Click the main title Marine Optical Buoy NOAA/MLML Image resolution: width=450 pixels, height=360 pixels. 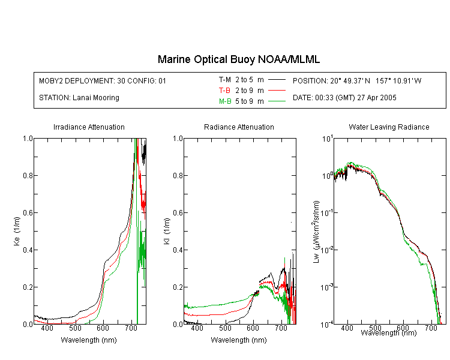238,59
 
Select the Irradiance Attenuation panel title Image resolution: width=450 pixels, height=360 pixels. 89,127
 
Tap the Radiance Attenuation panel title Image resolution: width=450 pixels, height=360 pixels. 239,127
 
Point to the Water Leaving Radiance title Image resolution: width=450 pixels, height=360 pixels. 389,127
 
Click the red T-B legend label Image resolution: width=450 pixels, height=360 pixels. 224,91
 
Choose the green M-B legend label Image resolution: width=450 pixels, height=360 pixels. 225,101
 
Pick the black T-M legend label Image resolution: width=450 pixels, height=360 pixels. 225,80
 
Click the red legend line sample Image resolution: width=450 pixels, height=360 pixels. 277,91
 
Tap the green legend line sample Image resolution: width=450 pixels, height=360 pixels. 277,101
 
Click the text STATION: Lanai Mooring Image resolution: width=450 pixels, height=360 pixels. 79,98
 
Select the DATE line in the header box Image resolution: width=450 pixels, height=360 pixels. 344,98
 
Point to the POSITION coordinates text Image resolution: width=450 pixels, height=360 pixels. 357,80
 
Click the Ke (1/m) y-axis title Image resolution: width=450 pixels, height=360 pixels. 17,232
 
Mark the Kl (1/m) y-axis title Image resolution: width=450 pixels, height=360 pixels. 166,232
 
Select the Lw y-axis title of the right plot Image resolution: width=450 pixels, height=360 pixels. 316,232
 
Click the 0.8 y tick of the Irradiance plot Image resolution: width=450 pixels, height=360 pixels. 28,175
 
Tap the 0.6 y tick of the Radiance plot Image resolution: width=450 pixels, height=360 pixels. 178,213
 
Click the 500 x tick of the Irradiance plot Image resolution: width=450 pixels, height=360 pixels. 75,328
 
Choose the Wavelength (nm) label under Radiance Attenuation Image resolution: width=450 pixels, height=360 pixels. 239,340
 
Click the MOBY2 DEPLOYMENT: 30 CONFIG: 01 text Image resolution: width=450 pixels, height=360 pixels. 103,80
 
